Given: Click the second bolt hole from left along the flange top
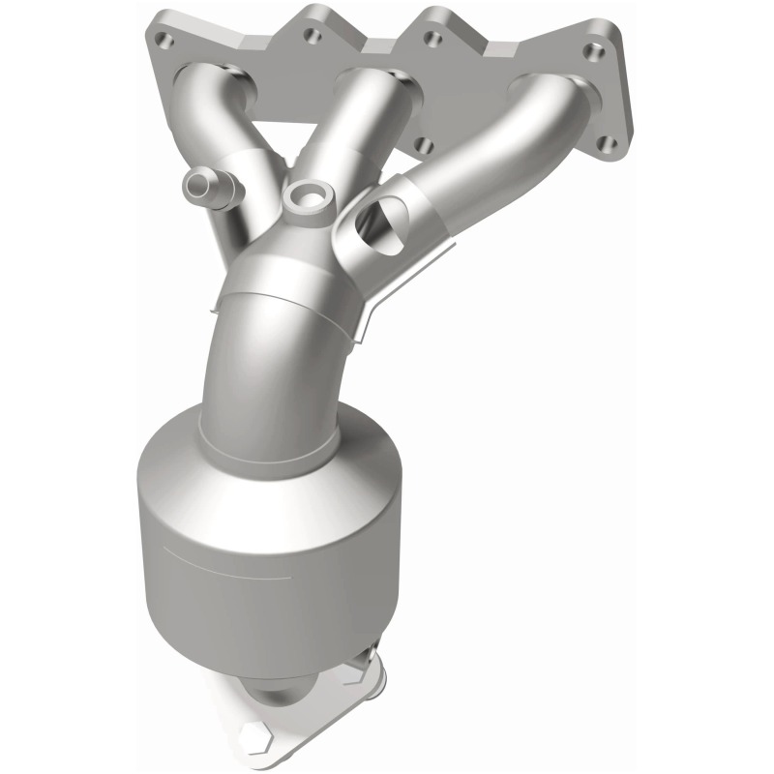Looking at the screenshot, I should pyautogui.click(x=312, y=36).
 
